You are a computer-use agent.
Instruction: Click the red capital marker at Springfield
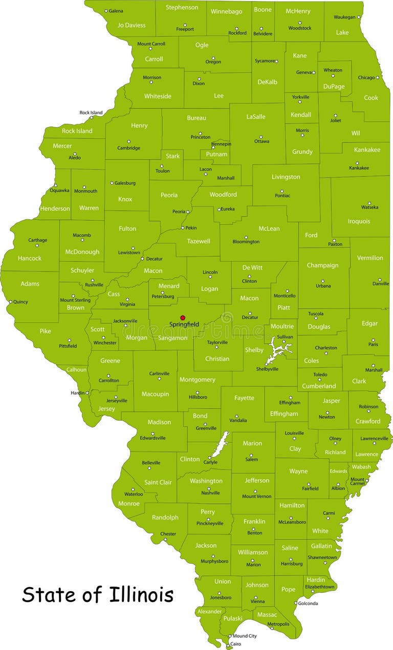[x=183, y=318]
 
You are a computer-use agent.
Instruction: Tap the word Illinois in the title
[x=141, y=595]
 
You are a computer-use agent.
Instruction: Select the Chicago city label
[x=366, y=78]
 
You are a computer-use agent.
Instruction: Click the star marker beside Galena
[x=106, y=11]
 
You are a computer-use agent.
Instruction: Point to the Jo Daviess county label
[x=132, y=25]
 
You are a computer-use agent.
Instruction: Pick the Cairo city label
[x=235, y=644]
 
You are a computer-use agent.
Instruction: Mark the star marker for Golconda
[x=295, y=603]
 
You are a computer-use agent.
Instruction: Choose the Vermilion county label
[x=370, y=258]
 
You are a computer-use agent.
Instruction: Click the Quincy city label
[x=20, y=302]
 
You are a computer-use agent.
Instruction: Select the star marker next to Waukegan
[x=358, y=17]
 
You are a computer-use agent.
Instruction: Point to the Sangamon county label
[x=172, y=338]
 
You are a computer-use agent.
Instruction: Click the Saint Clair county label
[x=158, y=482]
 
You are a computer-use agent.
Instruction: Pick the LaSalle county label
[x=256, y=117]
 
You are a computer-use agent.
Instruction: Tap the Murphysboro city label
[x=214, y=561]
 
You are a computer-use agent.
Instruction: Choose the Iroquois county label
[x=359, y=221]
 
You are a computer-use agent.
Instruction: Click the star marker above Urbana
[x=322, y=281]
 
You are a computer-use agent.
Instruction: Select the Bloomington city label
[x=246, y=242]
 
